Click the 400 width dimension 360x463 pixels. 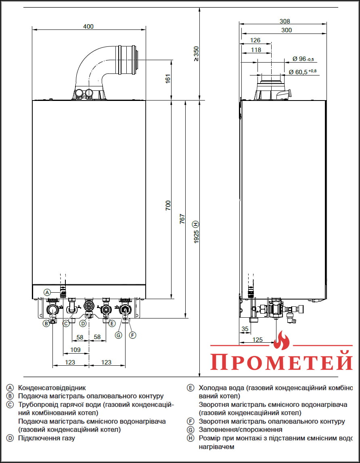coord(88,27)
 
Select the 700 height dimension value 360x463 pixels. coord(168,205)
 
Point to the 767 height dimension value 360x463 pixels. coord(182,218)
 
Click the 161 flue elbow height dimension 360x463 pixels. coord(168,79)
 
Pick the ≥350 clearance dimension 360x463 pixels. coord(196,54)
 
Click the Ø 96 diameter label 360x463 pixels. coord(303,59)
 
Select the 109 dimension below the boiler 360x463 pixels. coord(75,350)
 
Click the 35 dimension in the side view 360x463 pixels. coord(245,329)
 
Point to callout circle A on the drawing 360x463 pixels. coord(47,292)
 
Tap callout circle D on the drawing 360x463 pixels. coord(83,323)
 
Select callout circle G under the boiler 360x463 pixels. coord(118,335)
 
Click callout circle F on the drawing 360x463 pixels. coord(133,335)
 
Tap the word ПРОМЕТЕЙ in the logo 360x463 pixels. coord(281,361)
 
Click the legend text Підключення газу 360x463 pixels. coord(46,438)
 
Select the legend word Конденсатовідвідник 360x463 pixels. coord(52,388)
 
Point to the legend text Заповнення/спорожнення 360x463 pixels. coord(241,429)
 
